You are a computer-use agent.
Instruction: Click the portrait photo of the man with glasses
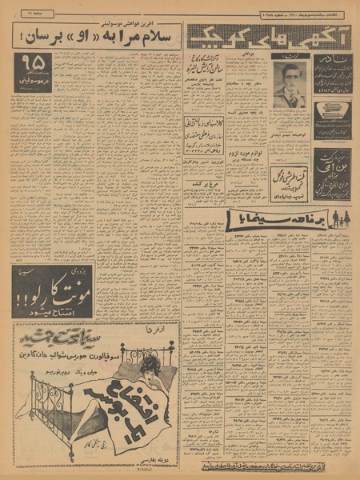pos(290,86)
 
